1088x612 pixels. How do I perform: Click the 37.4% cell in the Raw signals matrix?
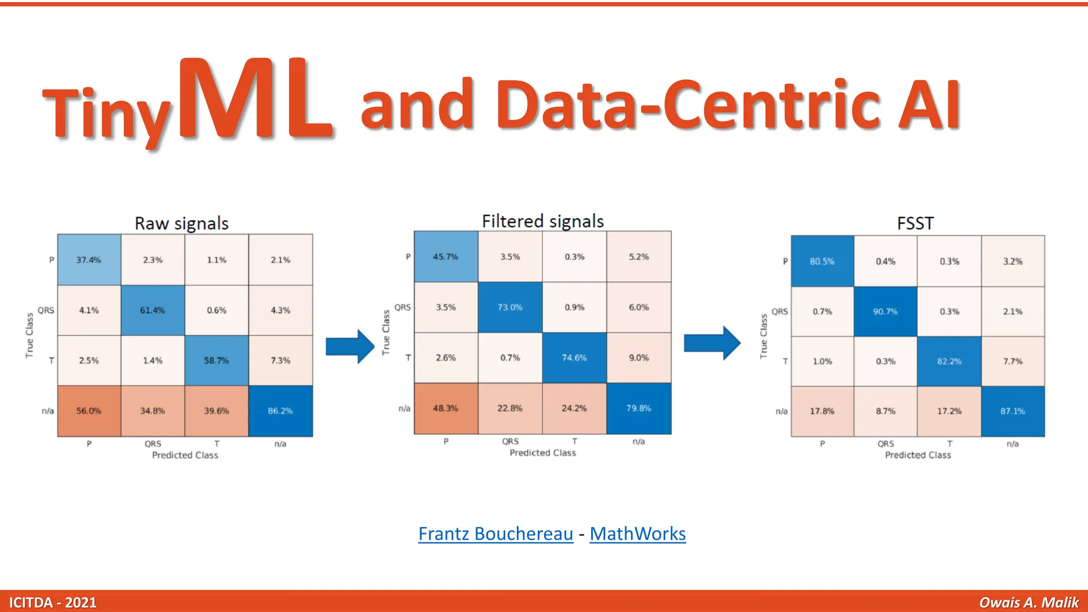point(89,260)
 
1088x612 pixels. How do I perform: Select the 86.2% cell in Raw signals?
point(280,411)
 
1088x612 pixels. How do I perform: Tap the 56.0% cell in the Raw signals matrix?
point(89,411)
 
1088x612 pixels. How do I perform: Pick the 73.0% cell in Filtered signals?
point(510,307)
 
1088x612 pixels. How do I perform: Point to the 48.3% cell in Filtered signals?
point(446,408)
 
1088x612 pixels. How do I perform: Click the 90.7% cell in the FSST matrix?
point(885,311)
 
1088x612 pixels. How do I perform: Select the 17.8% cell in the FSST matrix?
point(822,411)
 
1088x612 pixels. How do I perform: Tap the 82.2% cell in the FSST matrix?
point(949,361)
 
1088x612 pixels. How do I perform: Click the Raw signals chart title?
point(182,223)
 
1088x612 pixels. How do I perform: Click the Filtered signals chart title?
point(542,221)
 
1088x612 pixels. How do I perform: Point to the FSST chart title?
point(915,223)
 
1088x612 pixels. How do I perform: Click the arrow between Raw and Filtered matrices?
point(350,346)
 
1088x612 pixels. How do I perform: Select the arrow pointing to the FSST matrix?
point(712,343)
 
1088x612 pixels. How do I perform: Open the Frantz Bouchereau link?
point(495,533)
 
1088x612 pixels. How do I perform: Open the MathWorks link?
point(637,533)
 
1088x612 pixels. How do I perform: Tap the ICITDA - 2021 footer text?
point(53,602)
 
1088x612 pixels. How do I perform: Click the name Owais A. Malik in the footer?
point(1028,602)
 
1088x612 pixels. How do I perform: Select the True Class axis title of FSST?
point(763,336)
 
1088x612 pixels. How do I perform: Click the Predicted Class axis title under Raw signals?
point(185,455)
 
